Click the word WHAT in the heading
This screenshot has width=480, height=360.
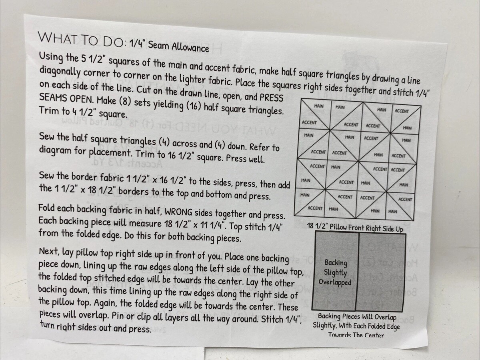coord(58,38)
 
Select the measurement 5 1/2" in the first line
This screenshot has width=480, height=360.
coord(92,58)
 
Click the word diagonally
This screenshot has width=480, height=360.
coord(59,72)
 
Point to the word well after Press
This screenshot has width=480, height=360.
coord(257,159)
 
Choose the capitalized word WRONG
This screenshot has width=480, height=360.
coord(178,212)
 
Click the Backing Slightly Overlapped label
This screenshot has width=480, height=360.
coord(335,272)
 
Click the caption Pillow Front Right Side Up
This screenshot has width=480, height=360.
coord(366,228)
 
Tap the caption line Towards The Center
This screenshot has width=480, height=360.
coord(356,335)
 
